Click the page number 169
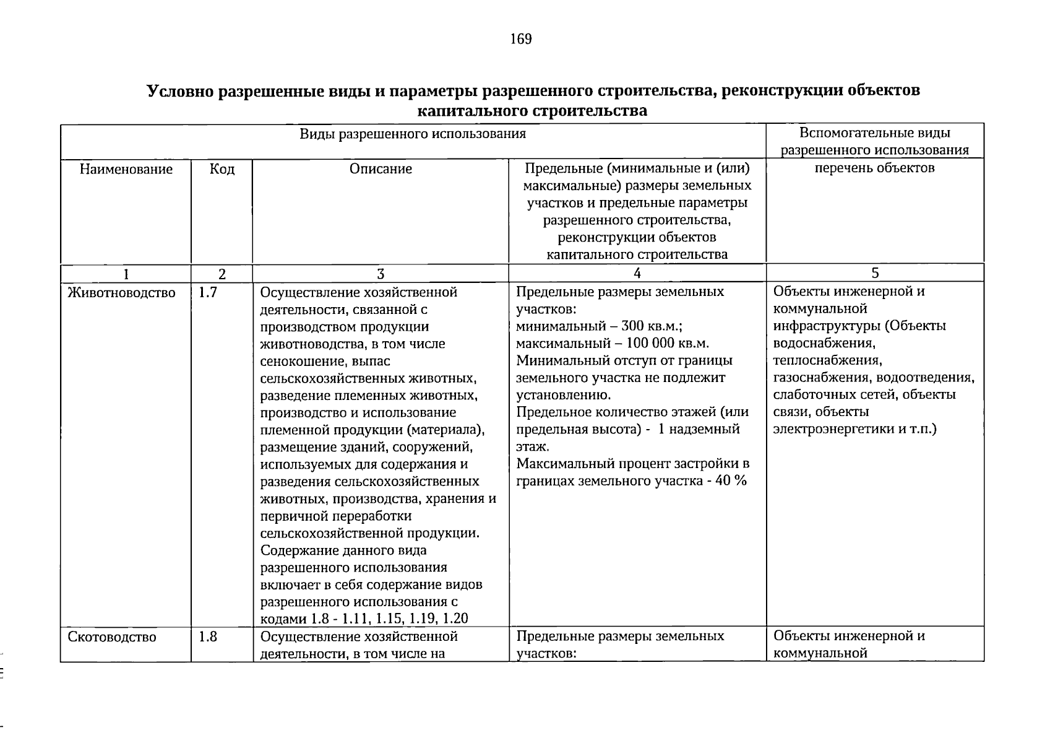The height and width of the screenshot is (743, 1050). (x=520, y=40)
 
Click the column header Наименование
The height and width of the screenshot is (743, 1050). (x=126, y=169)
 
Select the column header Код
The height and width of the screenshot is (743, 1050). (x=222, y=169)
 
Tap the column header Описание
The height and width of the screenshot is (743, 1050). (x=381, y=169)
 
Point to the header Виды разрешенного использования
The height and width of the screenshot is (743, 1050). (x=413, y=134)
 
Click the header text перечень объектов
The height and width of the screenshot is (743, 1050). (x=874, y=168)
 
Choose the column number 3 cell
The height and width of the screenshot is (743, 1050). (x=381, y=274)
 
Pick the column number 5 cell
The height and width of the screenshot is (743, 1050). (x=875, y=274)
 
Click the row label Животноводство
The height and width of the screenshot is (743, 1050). (x=121, y=292)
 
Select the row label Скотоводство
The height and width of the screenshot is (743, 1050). (x=112, y=637)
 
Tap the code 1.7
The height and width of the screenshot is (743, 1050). (x=208, y=292)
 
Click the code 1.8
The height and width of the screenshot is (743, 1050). (x=208, y=637)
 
